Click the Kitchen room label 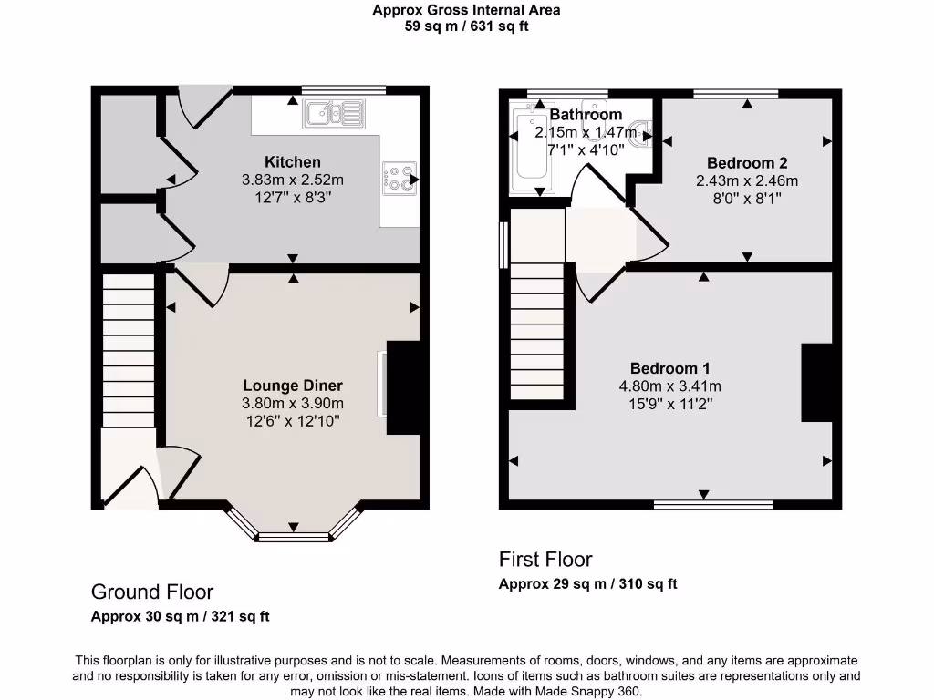[x=292, y=162]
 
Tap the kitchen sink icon [x=334, y=114]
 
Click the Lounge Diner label [x=292, y=385]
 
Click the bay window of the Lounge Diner [x=293, y=530]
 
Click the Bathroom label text [x=586, y=115]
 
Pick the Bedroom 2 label [x=746, y=163]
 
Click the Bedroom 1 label [x=669, y=368]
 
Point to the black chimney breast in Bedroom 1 [x=817, y=383]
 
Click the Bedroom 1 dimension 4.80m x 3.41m [x=669, y=386]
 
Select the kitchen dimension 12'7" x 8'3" [x=292, y=197]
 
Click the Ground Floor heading [x=152, y=592]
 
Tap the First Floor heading [x=545, y=560]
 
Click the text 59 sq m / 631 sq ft [x=466, y=26]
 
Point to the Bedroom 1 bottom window [x=713, y=504]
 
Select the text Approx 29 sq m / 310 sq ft [x=587, y=584]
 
